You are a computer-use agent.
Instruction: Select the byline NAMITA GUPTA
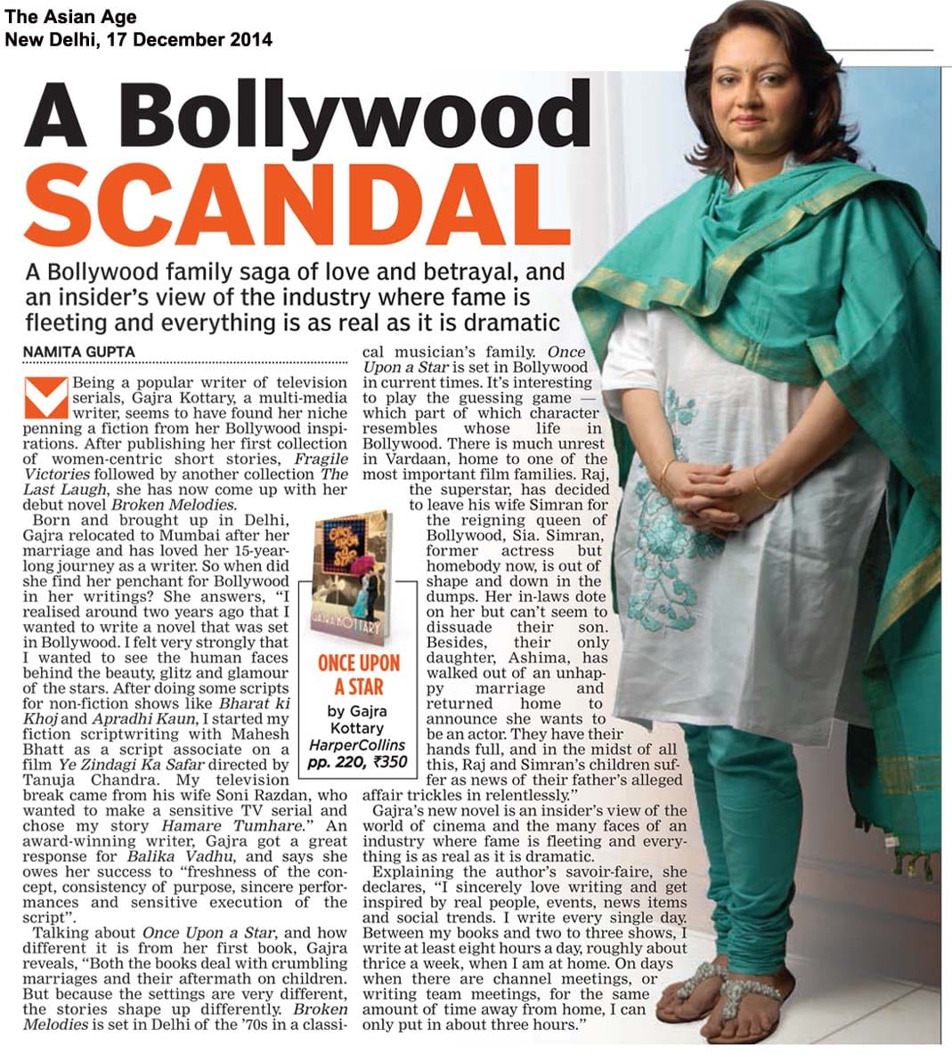[x=79, y=352]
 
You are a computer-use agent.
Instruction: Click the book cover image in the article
[x=352, y=578]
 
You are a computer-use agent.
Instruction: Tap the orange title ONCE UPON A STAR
[x=359, y=674]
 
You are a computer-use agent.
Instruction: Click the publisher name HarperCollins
[x=356, y=744]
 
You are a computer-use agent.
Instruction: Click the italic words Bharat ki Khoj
[x=265, y=703]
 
